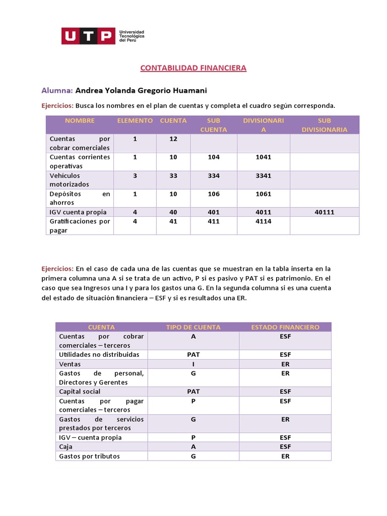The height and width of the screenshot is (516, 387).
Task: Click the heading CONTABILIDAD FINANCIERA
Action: coord(193,68)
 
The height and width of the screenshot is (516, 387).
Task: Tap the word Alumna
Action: coord(57,90)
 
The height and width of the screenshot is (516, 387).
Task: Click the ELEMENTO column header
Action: coord(135,120)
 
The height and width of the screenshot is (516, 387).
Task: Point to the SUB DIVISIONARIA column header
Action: coord(324,125)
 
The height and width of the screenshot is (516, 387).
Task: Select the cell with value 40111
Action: coord(324,212)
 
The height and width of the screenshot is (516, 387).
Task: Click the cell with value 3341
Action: coord(263,175)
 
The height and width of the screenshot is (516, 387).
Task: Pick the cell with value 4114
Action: coord(263,221)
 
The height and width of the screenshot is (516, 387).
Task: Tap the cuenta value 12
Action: coord(173,139)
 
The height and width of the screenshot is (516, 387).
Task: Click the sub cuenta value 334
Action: coord(214,175)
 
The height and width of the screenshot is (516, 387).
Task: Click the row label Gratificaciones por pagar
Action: coord(80,226)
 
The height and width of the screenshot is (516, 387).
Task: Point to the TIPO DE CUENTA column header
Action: coord(193,327)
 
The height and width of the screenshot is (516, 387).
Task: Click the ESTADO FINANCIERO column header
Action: coord(285,327)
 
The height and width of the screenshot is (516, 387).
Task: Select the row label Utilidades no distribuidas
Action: coord(92,355)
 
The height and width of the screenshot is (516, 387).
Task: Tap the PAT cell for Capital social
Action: coord(193,392)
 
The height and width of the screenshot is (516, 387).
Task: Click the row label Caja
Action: coord(66,447)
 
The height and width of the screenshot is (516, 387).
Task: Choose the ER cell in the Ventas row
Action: coord(285,364)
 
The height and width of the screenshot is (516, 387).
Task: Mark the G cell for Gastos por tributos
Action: coord(193,456)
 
